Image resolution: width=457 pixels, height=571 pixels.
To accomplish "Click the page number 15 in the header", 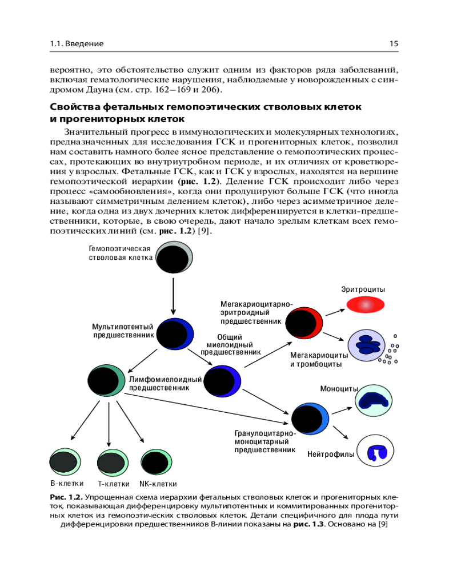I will (x=393, y=43).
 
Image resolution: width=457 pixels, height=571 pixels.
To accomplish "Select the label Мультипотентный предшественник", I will (x=123, y=331).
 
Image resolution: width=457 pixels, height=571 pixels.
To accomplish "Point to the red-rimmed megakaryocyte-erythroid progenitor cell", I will (x=304, y=323).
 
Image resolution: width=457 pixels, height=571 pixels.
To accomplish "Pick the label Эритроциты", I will (x=363, y=289).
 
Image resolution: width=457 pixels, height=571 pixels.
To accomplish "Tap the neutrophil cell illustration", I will (x=374, y=452).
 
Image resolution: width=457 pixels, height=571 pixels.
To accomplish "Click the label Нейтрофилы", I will (x=331, y=455).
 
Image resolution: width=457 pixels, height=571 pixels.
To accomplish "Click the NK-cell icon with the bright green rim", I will (x=158, y=462).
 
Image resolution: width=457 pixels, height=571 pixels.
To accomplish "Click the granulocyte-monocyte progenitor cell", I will (x=311, y=420).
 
